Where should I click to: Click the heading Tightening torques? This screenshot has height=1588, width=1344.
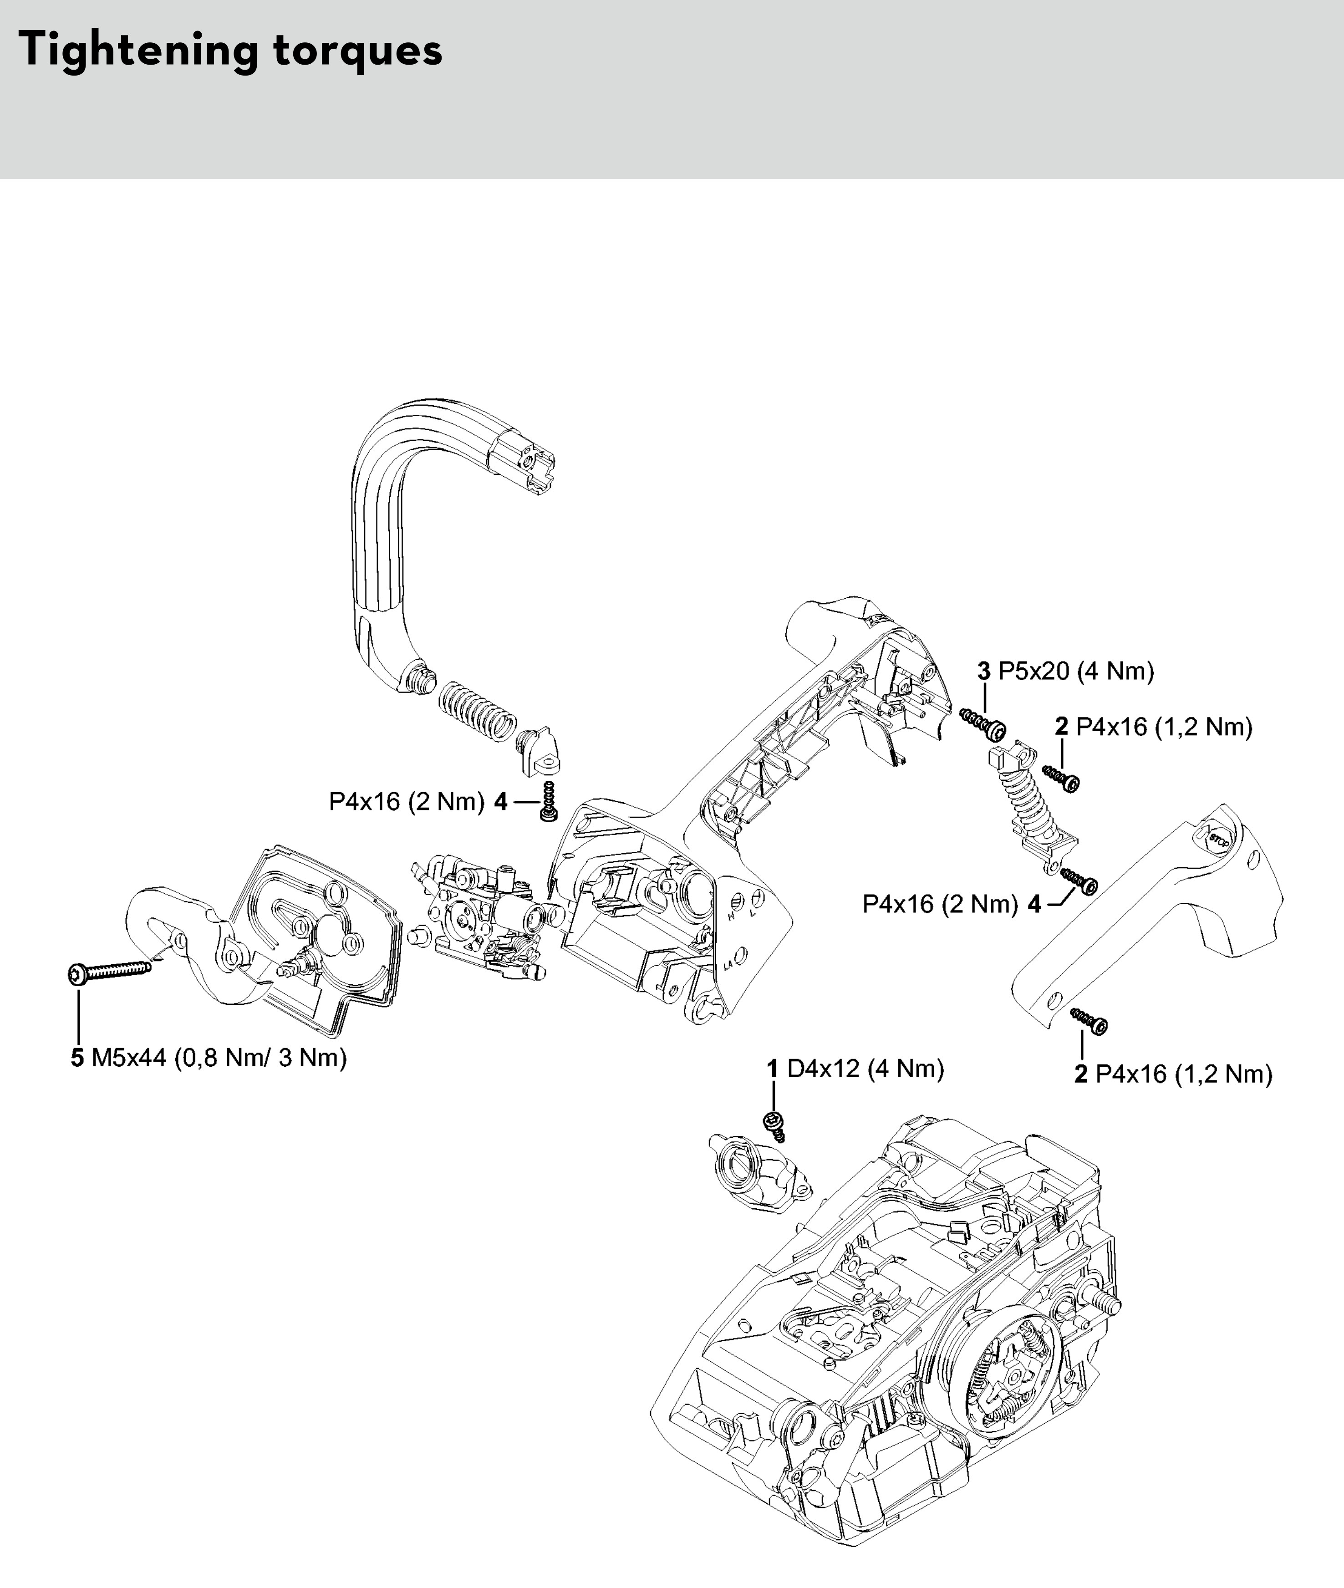click(x=229, y=50)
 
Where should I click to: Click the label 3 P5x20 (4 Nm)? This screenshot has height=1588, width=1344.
click(x=1066, y=672)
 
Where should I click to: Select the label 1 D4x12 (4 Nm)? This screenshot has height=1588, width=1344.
click(x=855, y=1069)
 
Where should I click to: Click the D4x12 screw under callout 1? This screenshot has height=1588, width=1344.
click(x=774, y=1125)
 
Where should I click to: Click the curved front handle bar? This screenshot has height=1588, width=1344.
click(x=396, y=534)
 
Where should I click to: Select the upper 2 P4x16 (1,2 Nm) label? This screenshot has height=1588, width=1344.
click(x=1154, y=727)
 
